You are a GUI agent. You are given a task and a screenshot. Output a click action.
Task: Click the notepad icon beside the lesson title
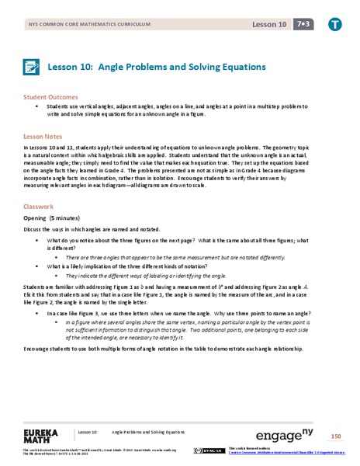tap(33, 67)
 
